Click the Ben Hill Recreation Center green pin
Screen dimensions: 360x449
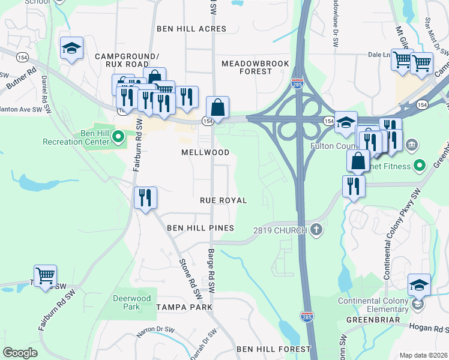click(x=118, y=137)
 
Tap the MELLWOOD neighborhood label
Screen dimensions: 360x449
click(x=205, y=152)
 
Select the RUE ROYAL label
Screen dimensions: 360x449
click(x=224, y=200)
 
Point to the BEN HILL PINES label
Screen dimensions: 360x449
click(x=200, y=228)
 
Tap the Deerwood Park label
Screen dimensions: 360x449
click(x=131, y=302)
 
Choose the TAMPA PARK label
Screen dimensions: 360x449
click(x=184, y=307)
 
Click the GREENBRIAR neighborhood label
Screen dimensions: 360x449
click(x=373, y=320)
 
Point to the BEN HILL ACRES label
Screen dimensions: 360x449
click(x=191, y=29)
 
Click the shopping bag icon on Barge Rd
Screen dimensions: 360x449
click(x=218, y=108)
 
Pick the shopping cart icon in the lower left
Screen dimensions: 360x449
click(x=45, y=276)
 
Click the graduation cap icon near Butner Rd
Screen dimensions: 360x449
click(x=71, y=49)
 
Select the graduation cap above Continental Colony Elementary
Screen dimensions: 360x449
click(x=419, y=285)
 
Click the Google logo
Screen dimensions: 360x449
click(x=20, y=353)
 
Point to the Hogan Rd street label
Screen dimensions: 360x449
click(x=429, y=328)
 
